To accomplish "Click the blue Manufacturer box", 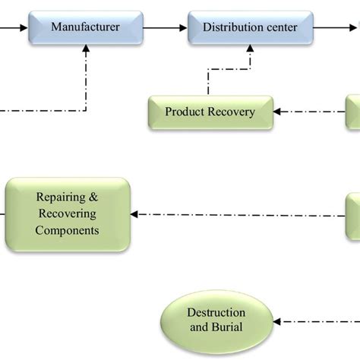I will click(85, 27).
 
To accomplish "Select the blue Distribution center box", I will click(250, 27).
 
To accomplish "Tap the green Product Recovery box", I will click(210, 112).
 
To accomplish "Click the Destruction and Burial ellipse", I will click(216, 321).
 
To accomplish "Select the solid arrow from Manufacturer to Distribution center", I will click(165, 27).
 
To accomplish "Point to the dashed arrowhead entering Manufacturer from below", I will click(86, 49).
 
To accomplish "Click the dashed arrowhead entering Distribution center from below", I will click(250, 49).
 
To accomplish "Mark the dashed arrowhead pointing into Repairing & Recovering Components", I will click(137, 215).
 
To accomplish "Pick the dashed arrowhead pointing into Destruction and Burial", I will click(277, 321).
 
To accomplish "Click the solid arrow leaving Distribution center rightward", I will click(334, 27).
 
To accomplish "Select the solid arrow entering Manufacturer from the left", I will click(18, 27).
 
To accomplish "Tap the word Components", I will click(68, 230).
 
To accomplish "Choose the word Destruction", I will click(216, 313).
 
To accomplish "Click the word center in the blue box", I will click(280, 27).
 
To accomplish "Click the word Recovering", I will click(68, 214).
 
